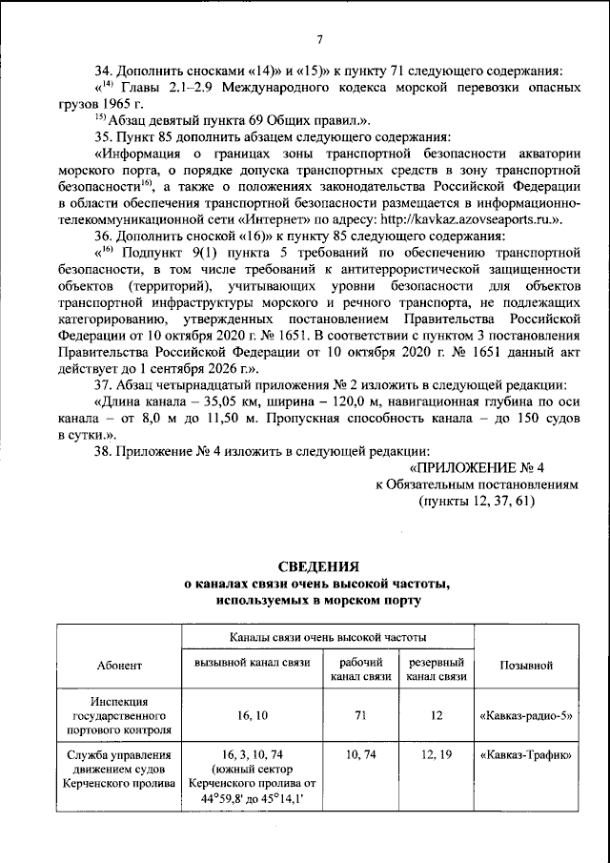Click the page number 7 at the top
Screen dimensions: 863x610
click(319, 39)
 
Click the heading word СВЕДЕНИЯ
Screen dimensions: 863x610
click(318, 565)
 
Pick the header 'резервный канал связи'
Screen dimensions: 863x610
click(436, 669)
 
